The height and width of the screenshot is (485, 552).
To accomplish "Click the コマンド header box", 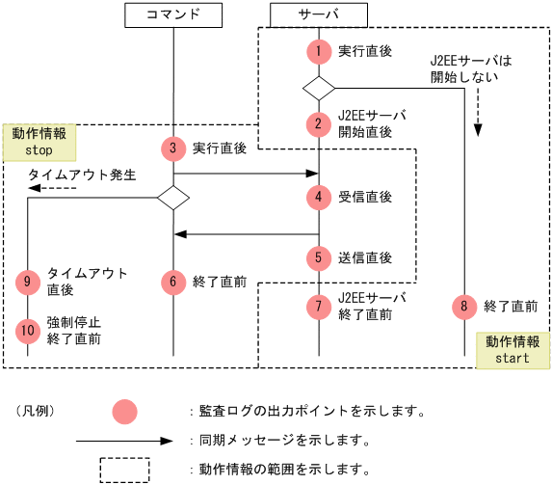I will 173,15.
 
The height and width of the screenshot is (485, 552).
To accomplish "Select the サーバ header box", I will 318,15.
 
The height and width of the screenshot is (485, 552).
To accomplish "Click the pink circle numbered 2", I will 318,123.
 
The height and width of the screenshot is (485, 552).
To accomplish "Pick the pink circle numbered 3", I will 172,148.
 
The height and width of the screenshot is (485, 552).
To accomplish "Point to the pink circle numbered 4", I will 318,197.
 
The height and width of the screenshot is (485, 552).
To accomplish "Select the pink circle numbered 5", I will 318,257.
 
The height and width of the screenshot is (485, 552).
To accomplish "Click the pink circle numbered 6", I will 172,282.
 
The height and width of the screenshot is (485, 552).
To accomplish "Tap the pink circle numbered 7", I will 318,306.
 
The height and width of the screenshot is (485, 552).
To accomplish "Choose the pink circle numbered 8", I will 463,307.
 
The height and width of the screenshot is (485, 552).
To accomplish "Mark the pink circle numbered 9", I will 28,282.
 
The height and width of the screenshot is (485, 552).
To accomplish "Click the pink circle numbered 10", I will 28,330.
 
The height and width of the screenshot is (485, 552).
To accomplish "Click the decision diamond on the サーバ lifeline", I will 318,87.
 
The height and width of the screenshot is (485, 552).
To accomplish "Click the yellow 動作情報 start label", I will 512,350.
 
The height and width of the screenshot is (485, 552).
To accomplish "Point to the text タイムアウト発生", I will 82,175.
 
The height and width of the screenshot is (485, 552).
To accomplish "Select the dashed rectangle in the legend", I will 124,470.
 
